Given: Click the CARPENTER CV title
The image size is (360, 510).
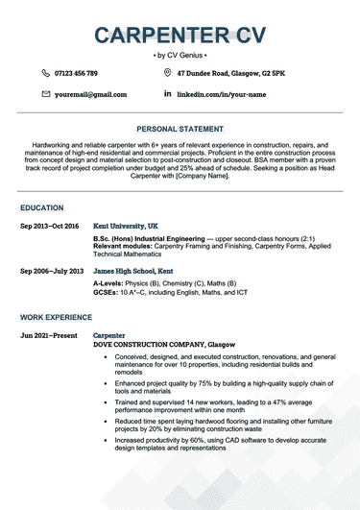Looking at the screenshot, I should pyautogui.click(x=180, y=35).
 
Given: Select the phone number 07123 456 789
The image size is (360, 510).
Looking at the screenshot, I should pyautogui.click(x=77, y=73).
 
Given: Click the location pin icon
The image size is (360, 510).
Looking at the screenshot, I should pyautogui.click(x=168, y=73).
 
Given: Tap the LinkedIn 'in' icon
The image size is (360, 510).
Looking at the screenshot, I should pyautogui.click(x=168, y=94).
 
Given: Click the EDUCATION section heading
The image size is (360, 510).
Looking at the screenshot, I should pyautogui.click(x=42, y=207).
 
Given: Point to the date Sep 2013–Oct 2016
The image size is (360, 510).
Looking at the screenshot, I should pyautogui.click(x=49, y=227).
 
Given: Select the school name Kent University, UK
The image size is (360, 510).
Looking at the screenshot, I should pyautogui.click(x=128, y=227).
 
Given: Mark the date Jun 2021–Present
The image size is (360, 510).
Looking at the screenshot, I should pyautogui.click(x=46, y=335).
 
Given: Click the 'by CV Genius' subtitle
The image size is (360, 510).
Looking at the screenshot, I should pyautogui.click(x=180, y=56).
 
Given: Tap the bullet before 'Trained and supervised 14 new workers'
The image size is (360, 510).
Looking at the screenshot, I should pyautogui.click(x=104, y=400).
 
